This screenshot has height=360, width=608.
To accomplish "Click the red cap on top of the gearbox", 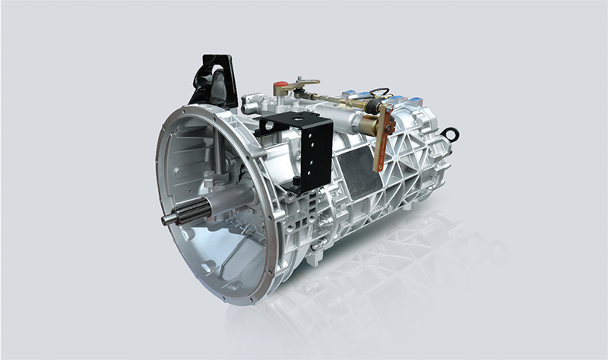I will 280,86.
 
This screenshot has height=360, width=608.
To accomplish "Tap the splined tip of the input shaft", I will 169,219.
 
